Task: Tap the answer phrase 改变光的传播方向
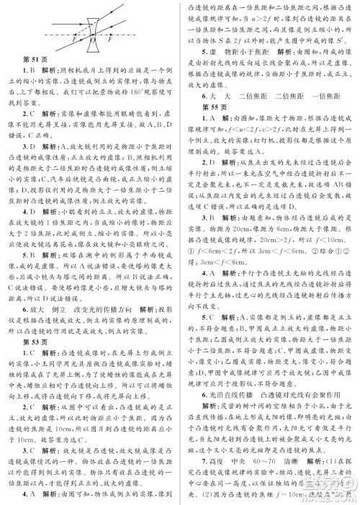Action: [x=106, y=298]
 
